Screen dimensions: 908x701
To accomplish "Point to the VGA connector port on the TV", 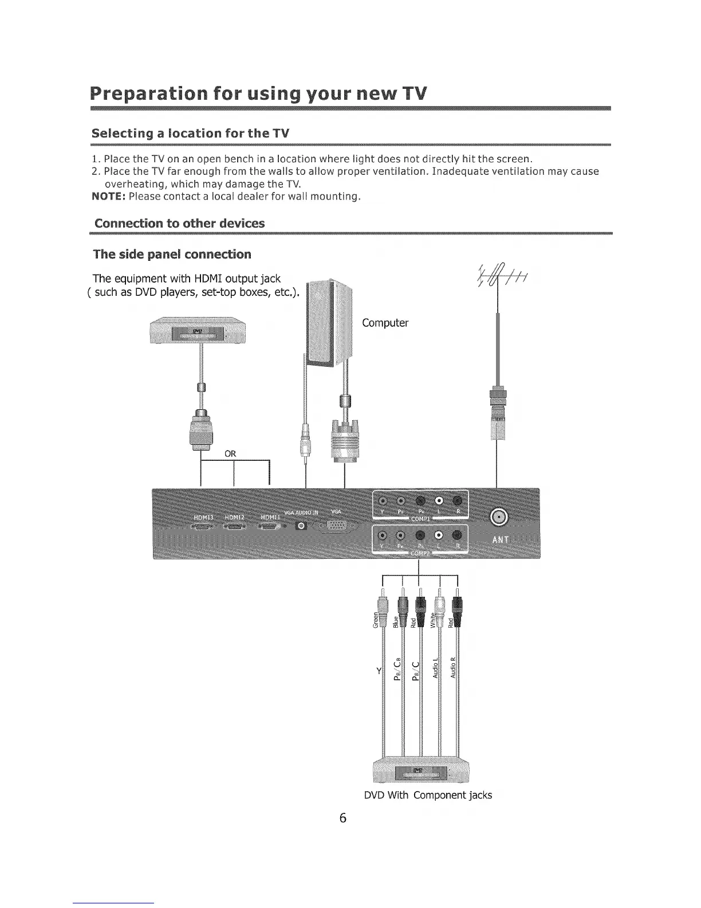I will pyautogui.click(x=338, y=526).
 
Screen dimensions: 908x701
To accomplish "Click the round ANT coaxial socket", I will pyautogui.click(x=499, y=518).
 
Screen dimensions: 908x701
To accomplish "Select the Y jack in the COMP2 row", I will pyautogui.click(x=383, y=535).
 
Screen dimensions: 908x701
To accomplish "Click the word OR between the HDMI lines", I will pyautogui.click(x=230, y=454).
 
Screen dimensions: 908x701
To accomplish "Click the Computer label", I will pyautogui.click(x=385, y=323).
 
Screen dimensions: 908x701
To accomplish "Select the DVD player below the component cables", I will pyautogui.click(x=421, y=772).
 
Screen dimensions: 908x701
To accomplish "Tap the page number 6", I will pyautogui.click(x=342, y=818).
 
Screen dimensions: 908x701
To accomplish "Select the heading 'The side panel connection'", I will pyautogui.click(x=172, y=254).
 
